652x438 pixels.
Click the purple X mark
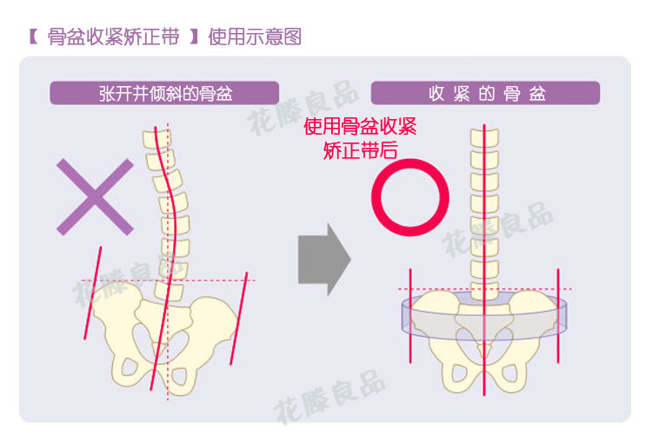coord(96,196)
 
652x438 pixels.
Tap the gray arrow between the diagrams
coord(323,258)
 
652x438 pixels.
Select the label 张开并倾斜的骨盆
coord(164,93)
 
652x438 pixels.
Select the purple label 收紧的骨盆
coord(486,93)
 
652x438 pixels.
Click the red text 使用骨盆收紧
coord(360,126)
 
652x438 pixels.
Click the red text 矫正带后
coord(360,149)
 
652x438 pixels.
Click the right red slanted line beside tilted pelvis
coord(239,317)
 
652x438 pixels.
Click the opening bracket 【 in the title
coord(31,37)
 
